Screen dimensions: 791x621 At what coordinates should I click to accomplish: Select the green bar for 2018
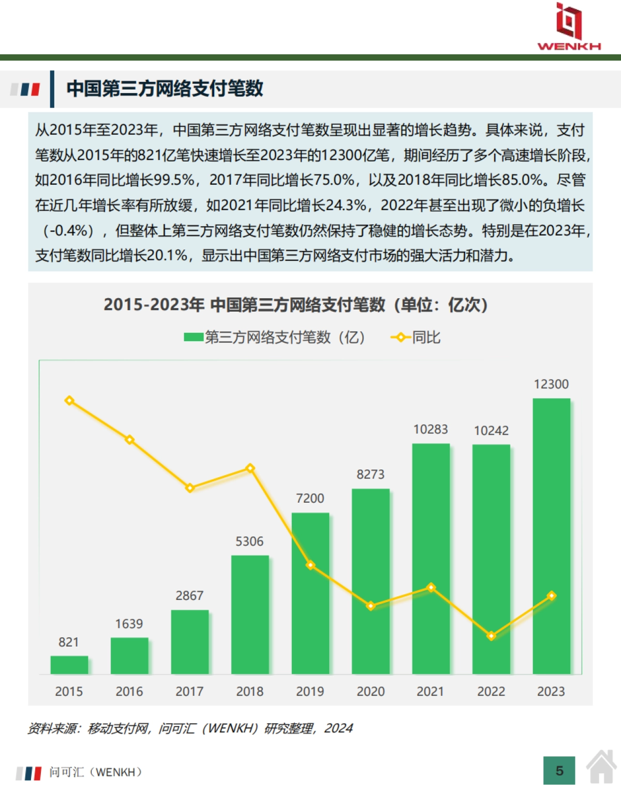[x=250, y=614]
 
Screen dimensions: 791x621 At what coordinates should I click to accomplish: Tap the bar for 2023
[x=551, y=536]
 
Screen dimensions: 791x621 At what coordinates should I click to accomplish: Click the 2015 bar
[x=69, y=665]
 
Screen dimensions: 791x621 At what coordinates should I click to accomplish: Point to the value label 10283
[x=431, y=429]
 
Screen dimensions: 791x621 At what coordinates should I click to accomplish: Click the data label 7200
[x=310, y=498]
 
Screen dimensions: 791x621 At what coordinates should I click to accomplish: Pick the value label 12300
[x=551, y=384]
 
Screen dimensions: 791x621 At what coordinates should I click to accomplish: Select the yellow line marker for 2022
[x=491, y=636]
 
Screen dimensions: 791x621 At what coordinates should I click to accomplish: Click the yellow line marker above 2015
[x=69, y=401]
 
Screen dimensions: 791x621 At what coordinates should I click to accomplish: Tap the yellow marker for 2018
[x=250, y=468]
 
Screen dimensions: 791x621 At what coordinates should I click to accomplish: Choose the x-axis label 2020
[x=371, y=691]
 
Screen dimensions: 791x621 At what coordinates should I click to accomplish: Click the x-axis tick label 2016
[x=129, y=691]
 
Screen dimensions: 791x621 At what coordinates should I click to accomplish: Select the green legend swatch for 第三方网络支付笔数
[x=194, y=338]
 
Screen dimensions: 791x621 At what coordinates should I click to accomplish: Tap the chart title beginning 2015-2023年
[x=295, y=304]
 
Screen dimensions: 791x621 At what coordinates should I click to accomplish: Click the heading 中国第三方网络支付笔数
[x=165, y=89]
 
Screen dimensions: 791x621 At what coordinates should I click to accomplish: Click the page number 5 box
[x=559, y=771]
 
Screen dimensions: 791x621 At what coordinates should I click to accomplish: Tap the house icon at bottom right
[x=601, y=767]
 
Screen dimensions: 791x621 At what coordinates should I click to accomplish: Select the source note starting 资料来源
[x=190, y=728]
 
